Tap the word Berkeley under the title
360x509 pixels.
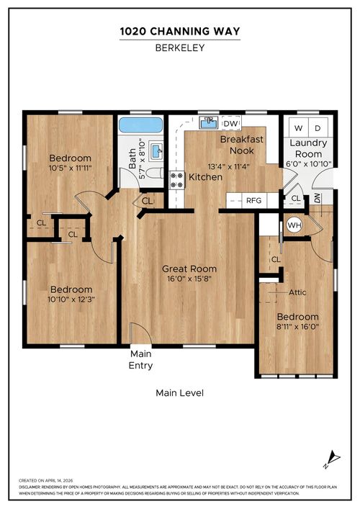click(x=179, y=48)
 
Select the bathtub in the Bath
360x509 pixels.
click(x=140, y=125)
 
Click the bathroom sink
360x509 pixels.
click(x=158, y=151)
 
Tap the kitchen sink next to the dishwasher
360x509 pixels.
click(x=210, y=122)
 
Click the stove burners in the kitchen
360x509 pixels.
click(x=177, y=179)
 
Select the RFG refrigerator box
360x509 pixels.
click(x=253, y=200)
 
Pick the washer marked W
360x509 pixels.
click(x=299, y=127)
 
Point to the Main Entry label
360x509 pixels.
click(x=140, y=360)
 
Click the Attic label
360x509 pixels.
click(x=297, y=292)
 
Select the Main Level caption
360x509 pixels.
click(x=179, y=393)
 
